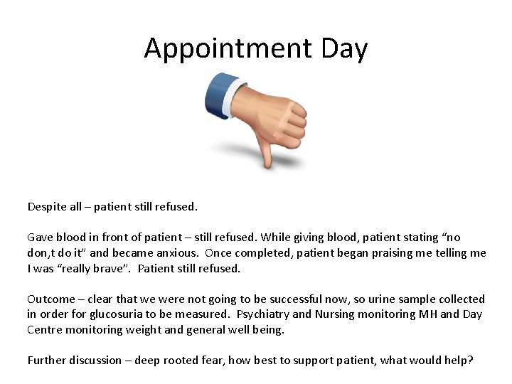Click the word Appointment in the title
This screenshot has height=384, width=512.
tap(228, 48)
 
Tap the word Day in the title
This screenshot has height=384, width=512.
tap(344, 48)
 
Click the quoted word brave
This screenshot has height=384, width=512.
tap(111, 268)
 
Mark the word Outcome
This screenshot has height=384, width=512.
tap(50, 299)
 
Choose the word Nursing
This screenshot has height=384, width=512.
tap(336, 314)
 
